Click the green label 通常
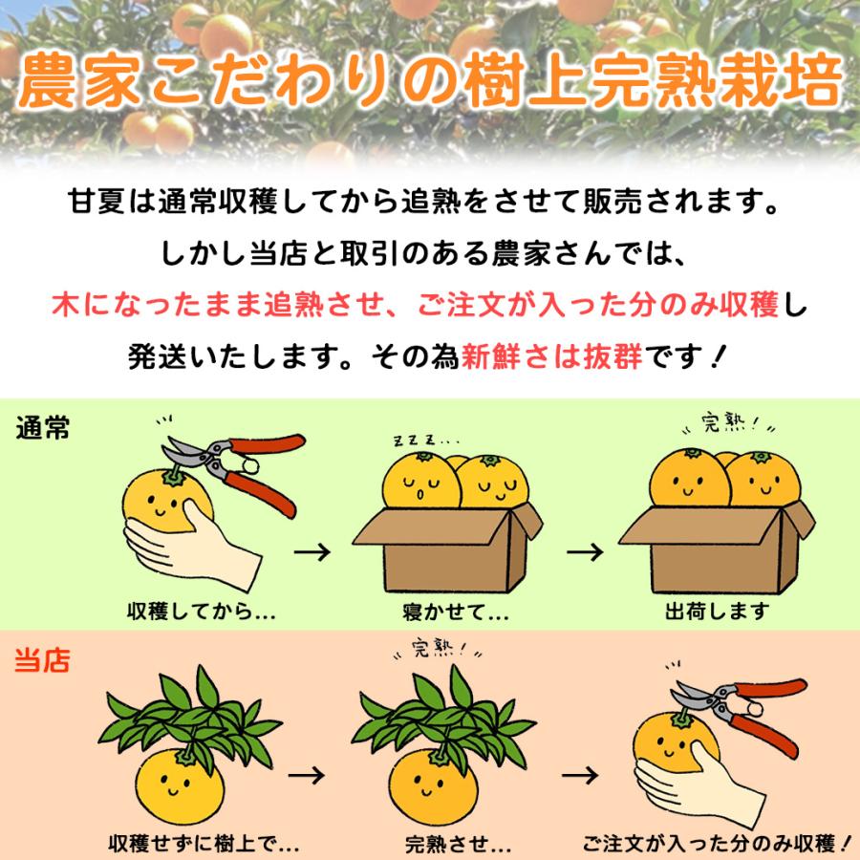pyautogui.click(x=43, y=429)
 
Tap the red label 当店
pyautogui.click(x=43, y=661)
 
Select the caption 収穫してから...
pyautogui.click(x=200, y=612)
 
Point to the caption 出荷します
pyautogui.click(x=716, y=612)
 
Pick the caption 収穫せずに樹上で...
pyautogui.click(x=204, y=845)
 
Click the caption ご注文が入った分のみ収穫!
pyautogui.click(x=716, y=845)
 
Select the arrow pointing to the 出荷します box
pyautogui.click(x=585, y=551)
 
